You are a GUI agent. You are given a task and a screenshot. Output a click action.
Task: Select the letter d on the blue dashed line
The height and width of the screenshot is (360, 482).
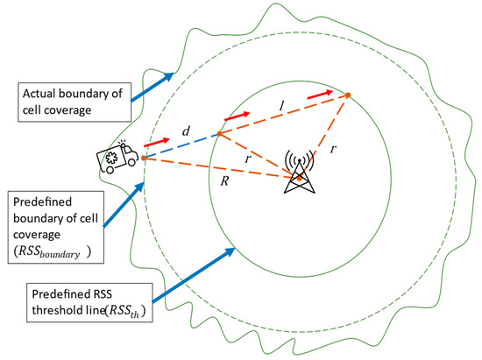[x=186, y=131]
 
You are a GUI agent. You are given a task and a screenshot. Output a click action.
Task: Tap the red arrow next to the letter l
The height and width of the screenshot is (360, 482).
[x=322, y=92]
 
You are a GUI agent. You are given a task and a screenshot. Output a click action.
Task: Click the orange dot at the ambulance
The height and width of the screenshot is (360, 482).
[x=143, y=158]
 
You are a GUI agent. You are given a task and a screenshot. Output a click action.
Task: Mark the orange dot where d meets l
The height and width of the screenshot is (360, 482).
[x=218, y=134]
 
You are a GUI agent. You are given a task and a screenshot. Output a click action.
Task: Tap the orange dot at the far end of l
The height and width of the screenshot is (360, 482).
[x=348, y=95]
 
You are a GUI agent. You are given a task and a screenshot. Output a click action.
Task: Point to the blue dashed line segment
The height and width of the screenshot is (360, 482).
[x=180, y=145]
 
